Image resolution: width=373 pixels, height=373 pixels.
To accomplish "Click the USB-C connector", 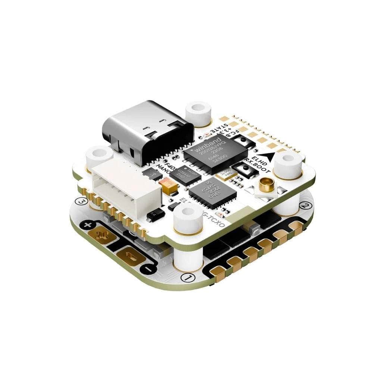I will click(147, 132).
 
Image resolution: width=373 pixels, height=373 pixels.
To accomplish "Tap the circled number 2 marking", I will click(305, 206).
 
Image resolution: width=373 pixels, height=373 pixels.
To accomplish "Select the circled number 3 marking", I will click(81, 201).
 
